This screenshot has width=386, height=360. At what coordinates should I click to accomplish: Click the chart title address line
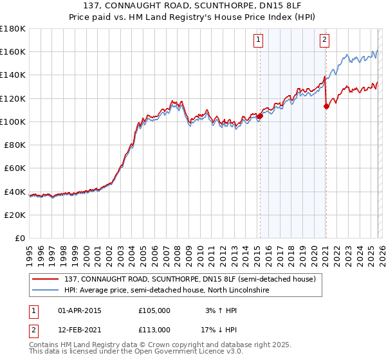click(x=192, y=6)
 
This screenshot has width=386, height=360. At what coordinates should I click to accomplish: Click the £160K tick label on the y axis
click(x=13, y=51)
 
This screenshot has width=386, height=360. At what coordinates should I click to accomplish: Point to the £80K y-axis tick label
click(x=15, y=145)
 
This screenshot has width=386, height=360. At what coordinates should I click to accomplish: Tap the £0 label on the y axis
click(x=20, y=238)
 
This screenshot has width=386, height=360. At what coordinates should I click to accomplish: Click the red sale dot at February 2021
click(x=326, y=107)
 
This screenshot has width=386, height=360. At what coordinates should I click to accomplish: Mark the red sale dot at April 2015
click(x=260, y=116)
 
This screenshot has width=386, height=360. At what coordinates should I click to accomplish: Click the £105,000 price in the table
click(x=154, y=310)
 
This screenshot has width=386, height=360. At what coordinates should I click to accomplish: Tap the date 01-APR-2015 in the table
click(x=80, y=310)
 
